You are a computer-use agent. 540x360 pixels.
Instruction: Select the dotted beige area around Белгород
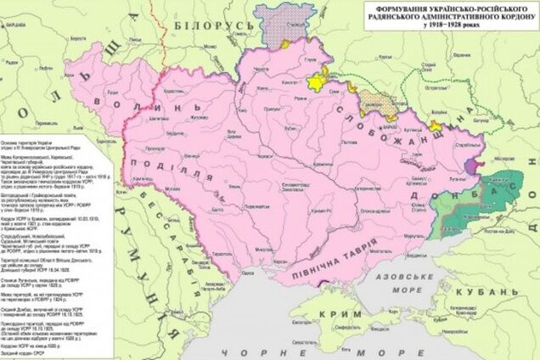coord(379,103)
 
